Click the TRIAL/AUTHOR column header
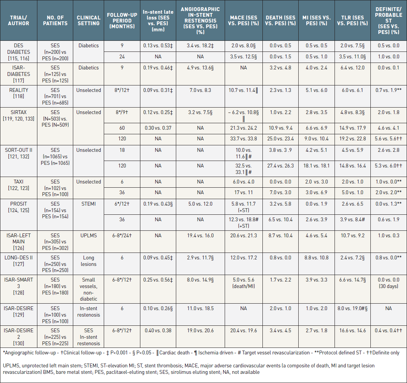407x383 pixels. pos(18,21)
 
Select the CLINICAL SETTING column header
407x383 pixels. pos(88,21)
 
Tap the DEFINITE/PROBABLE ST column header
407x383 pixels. pos(388,21)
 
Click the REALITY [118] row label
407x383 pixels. pos(18,93)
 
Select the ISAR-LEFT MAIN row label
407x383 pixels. pos(18,238)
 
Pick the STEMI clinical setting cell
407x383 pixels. pos(88,204)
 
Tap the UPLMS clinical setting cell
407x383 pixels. pos(88,235)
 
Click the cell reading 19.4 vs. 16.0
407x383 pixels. pos(200,235)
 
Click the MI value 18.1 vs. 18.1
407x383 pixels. pos(316,166)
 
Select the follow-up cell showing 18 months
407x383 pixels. pos(122,150)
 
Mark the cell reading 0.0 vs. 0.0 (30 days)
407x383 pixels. pos(388,283)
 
